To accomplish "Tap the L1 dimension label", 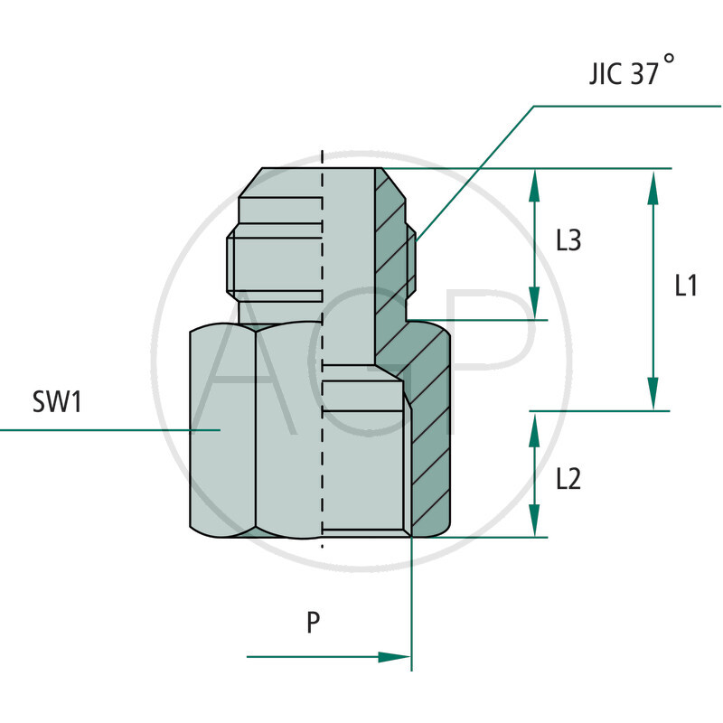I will [686, 286].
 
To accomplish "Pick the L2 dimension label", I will [568, 478].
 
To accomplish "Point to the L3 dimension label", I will [568, 241].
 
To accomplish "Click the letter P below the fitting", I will [314, 623].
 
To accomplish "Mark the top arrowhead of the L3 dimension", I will [534, 181].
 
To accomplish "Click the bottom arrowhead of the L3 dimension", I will [534, 307].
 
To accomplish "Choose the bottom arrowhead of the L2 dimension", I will [534, 525].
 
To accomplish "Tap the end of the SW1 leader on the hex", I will [220, 429].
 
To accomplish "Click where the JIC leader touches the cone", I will [417, 239].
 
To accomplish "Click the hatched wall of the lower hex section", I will [431, 452].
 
